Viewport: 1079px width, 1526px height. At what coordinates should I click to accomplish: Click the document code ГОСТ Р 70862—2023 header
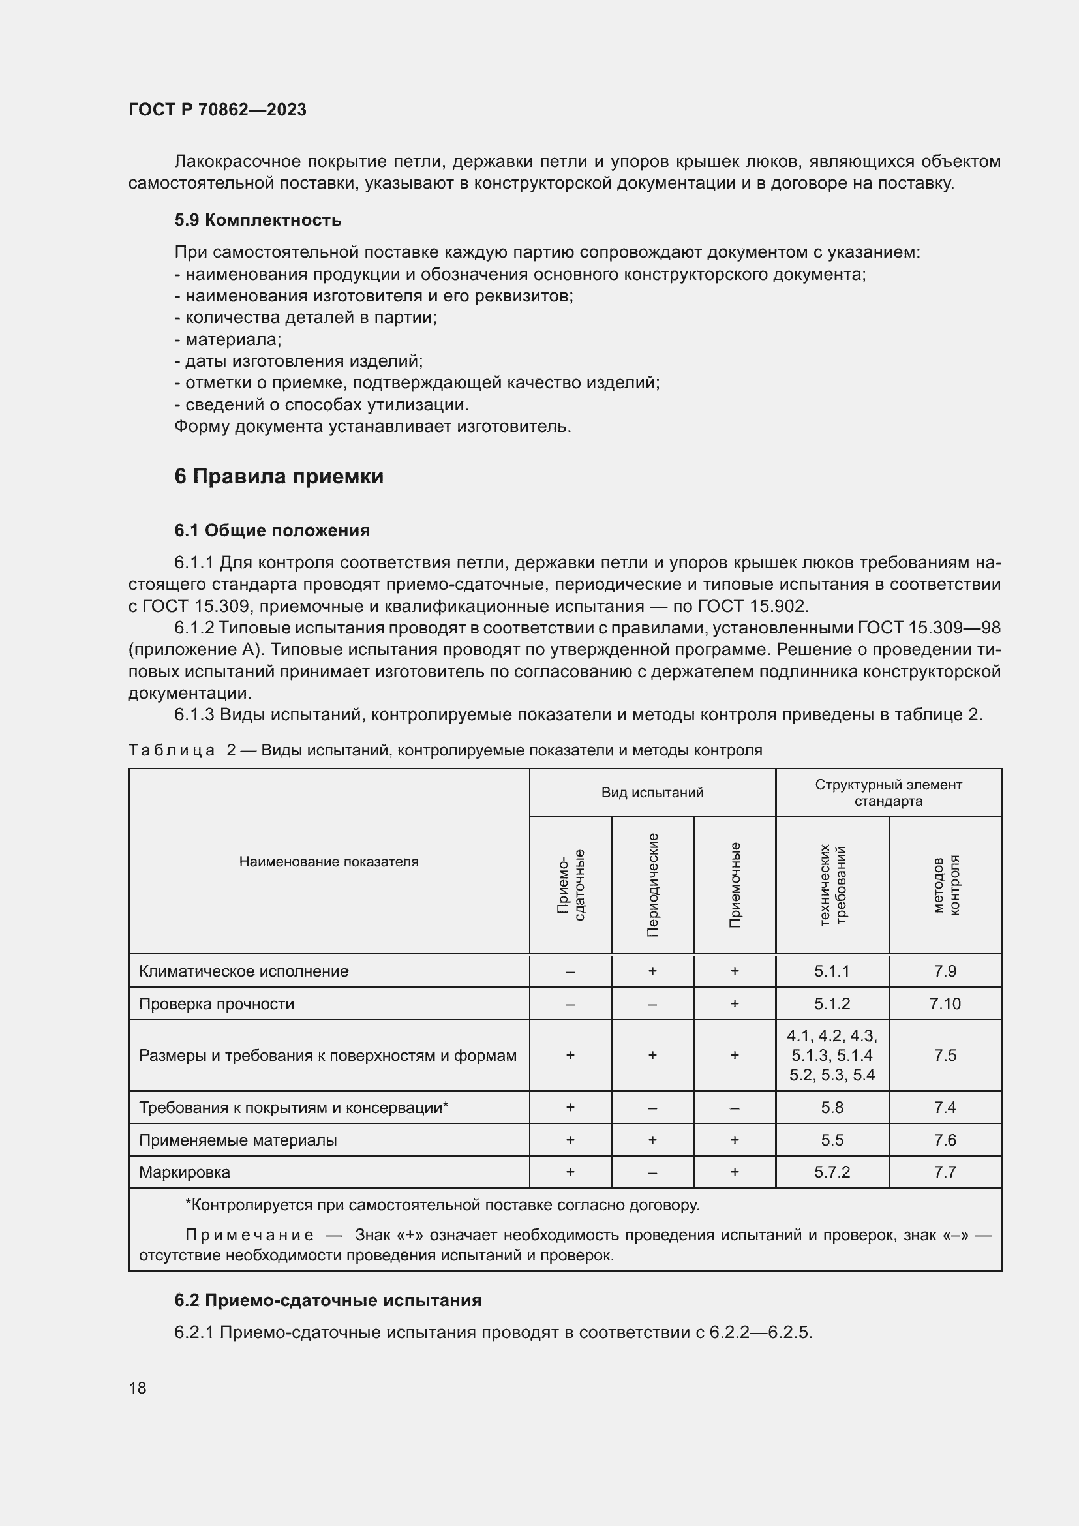point(217,110)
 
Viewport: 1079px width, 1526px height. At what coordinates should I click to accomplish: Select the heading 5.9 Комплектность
point(258,220)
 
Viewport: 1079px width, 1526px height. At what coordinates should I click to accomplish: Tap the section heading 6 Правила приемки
point(279,476)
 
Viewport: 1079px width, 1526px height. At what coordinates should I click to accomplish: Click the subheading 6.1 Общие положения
point(273,530)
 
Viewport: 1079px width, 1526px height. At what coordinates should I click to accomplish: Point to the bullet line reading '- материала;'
point(228,340)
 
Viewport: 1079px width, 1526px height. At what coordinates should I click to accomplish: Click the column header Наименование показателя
point(328,861)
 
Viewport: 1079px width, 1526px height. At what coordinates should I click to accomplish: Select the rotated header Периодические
point(652,885)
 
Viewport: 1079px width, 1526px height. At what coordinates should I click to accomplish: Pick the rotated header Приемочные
point(734,885)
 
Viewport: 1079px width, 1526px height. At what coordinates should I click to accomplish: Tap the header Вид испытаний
point(652,792)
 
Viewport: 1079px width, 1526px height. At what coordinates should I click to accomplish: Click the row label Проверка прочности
point(217,1003)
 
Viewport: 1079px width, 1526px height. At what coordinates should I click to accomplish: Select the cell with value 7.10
point(945,1003)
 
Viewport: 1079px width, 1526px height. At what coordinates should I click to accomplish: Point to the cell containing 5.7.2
point(832,1172)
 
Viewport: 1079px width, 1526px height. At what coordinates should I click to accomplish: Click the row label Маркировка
point(185,1172)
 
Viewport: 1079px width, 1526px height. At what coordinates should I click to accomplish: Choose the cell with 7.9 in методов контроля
point(945,971)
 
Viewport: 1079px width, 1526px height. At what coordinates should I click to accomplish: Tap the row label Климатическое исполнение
point(244,971)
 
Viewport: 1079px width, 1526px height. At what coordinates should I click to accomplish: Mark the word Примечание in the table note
point(249,1235)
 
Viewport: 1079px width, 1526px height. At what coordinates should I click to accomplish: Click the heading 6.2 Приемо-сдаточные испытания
point(328,1300)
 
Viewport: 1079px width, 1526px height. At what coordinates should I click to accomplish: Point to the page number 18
point(138,1388)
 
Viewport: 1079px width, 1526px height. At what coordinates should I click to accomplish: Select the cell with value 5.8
point(832,1107)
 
